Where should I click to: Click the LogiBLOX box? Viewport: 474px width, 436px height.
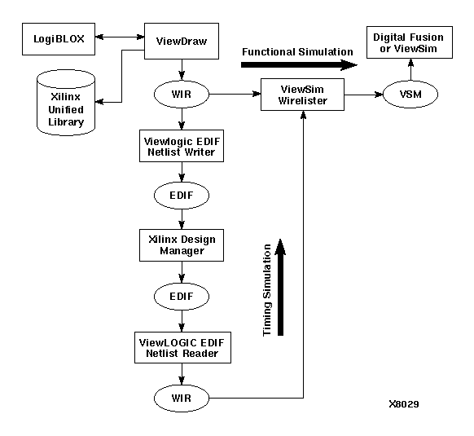[58, 38]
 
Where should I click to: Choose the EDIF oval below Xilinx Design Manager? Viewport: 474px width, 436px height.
[181, 295]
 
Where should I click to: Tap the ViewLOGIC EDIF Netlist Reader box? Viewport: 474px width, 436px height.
[181, 346]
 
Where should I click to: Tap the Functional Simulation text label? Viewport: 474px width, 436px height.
[297, 52]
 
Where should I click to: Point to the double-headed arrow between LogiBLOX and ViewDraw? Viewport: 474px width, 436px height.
[119, 37]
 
